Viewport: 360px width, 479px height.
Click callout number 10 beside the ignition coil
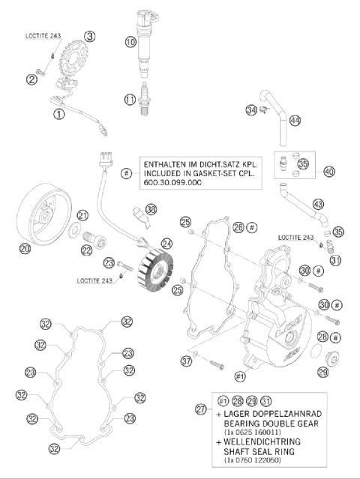tap(130, 43)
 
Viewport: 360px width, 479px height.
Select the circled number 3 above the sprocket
tap(89, 36)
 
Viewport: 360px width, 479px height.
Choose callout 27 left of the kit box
tap(200, 409)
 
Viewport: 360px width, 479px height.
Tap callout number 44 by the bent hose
tap(295, 121)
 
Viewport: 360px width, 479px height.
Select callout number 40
tap(329, 171)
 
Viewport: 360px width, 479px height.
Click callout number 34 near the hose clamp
tap(250, 111)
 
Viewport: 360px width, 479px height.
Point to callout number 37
tap(186, 361)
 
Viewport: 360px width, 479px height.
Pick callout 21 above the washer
tap(82, 215)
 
